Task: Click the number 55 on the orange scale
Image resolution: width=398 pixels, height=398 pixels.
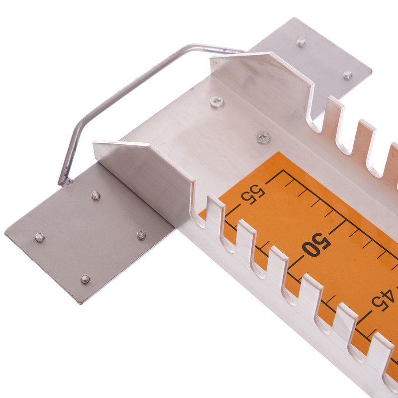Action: click(253, 195)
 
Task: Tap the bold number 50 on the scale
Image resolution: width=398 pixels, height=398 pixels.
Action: click(316, 244)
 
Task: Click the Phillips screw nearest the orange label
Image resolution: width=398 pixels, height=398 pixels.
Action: click(263, 137)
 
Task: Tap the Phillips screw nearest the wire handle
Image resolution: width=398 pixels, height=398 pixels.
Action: click(217, 101)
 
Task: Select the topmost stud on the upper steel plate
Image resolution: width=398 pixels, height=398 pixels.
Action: click(301, 42)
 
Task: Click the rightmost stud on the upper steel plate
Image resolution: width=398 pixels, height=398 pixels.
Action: click(347, 75)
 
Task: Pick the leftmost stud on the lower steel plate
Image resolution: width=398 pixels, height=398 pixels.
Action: click(40, 237)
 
